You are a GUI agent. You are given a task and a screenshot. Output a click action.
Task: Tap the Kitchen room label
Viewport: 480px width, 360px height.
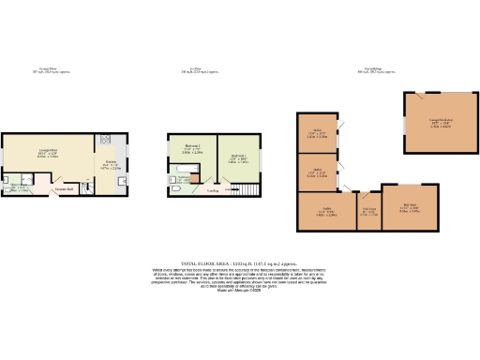point(109,165)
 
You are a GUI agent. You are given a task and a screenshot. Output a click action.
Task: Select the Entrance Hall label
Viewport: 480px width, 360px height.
point(65,190)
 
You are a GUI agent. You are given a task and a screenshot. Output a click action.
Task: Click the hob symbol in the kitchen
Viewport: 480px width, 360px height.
point(105,139)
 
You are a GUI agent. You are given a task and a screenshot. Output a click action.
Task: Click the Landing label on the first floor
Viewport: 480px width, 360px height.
point(214,189)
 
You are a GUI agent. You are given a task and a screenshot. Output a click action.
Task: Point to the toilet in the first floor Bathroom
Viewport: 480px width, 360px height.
point(176,187)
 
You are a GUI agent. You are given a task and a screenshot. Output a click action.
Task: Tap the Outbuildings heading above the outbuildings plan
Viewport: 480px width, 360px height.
point(373,69)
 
